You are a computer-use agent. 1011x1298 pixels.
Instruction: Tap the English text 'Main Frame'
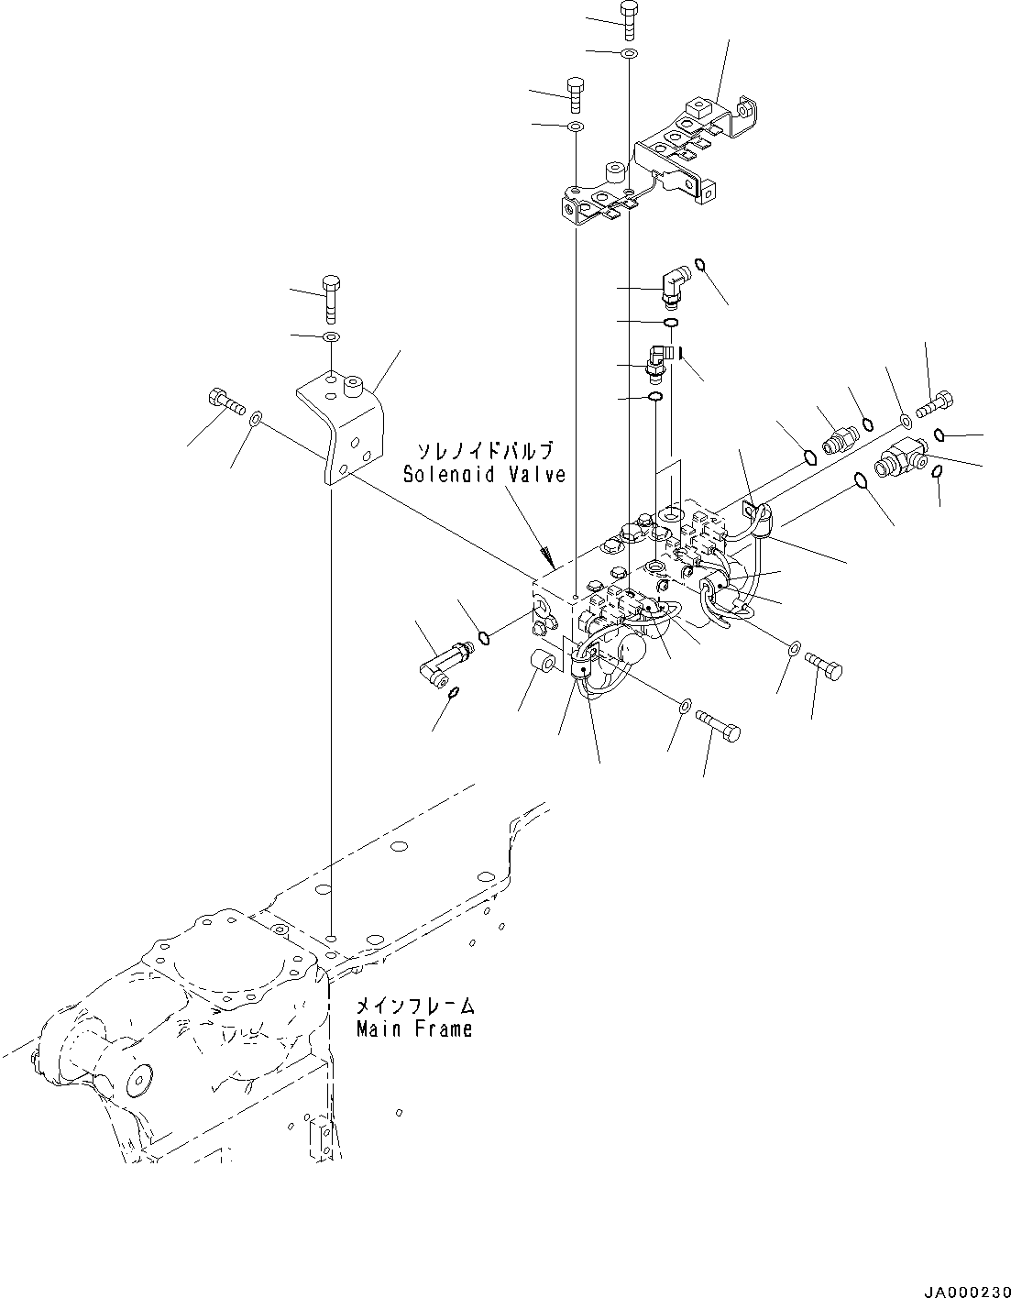pyautogui.click(x=414, y=1028)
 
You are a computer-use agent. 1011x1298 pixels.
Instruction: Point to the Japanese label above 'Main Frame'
pyautogui.click(x=414, y=1006)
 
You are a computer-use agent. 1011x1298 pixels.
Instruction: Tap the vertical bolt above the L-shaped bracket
pyautogui.click(x=331, y=297)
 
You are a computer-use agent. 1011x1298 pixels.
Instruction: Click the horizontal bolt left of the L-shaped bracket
pyautogui.click(x=223, y=401)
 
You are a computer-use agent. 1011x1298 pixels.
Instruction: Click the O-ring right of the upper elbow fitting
pyautogui.click(x=700, y=266)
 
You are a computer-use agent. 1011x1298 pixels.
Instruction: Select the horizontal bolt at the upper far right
pyautogui.click(x=935, y=401)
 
